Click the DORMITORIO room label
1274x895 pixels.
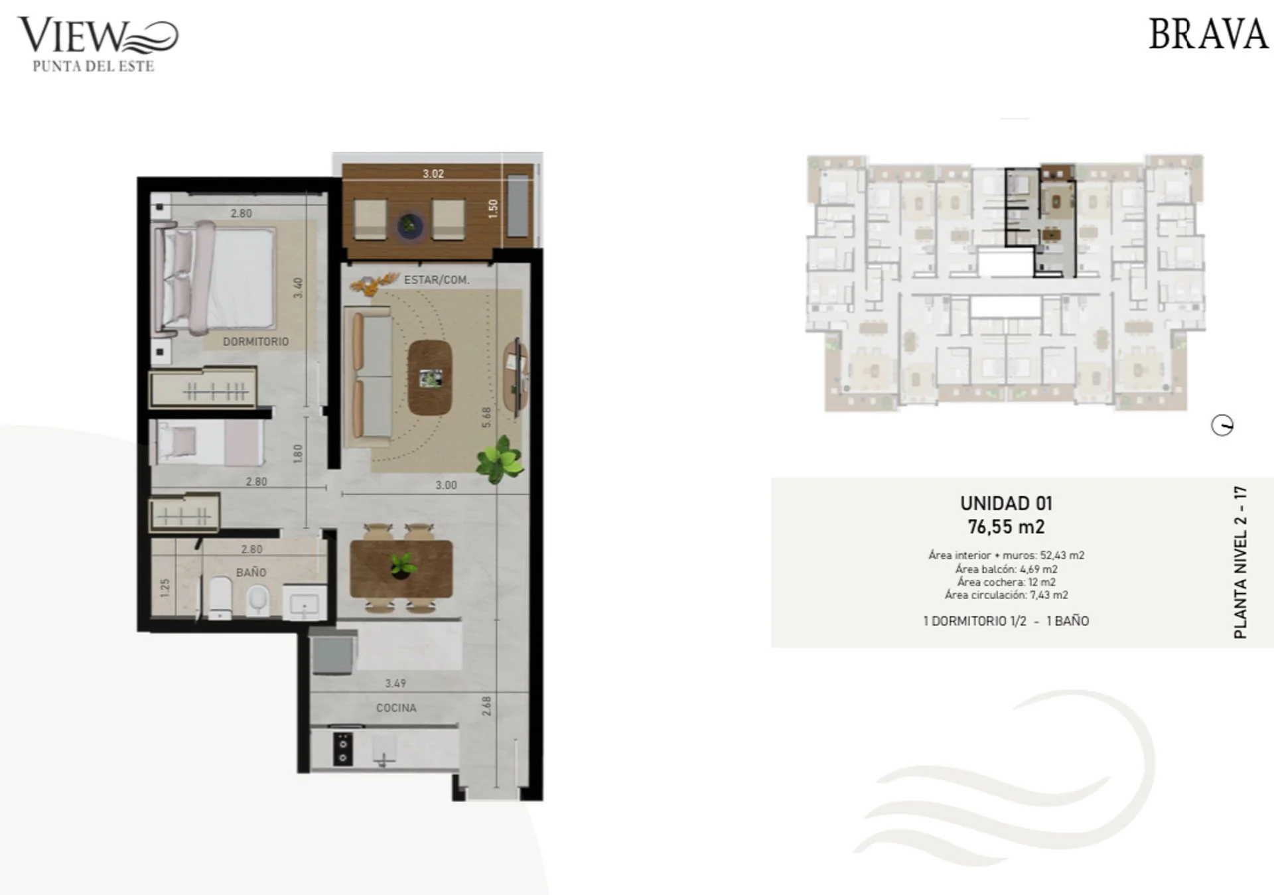tap(255, 342)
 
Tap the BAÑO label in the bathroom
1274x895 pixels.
tap(251, 572)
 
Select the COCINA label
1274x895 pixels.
tap(396, 708)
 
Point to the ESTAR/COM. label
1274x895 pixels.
tap(437, 280)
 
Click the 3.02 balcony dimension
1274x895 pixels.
tap(433, 174)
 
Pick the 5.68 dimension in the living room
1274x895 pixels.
tap(486, 417)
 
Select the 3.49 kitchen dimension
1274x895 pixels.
tap(395, 683)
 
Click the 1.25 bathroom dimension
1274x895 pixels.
tap(165, 587)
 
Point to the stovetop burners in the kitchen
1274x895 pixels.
tap(342, 748)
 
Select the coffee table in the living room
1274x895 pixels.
tap(430, 378)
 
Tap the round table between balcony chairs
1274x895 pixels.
tap(410, 226)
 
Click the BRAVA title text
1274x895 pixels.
tap(1208, 34)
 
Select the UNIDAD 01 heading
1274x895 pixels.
tap(1006, 504)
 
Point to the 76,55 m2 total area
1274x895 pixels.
tap(1006, 527)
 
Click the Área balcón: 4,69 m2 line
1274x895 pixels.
tap(1006, 569)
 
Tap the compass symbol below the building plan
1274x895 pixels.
tap(1222, 425)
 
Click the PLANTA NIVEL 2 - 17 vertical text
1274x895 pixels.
tap(1240, 563)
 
